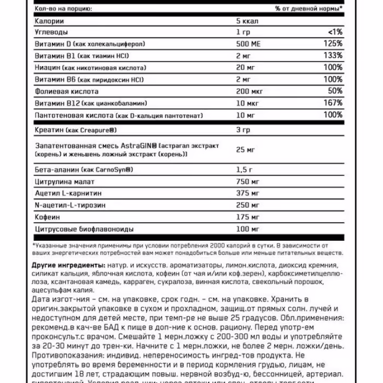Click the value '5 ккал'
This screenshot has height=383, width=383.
[246, 21]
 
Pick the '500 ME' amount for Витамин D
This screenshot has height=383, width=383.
[247, 44]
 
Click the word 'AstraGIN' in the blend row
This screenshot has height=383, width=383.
[138, 146]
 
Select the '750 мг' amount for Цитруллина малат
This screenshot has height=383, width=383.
[246, 182]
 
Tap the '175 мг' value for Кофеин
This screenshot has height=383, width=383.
[246, 217]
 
